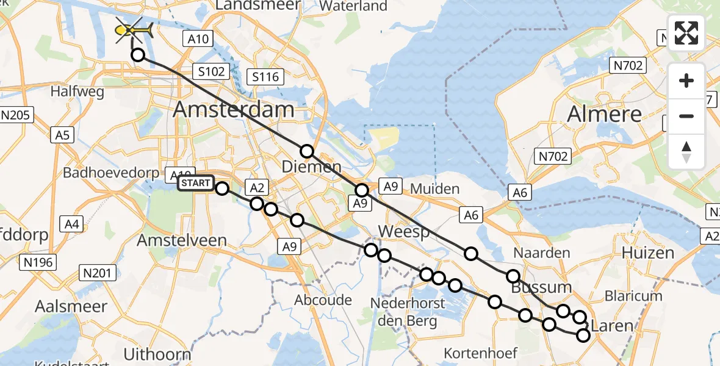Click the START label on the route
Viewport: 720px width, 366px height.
[196, 183]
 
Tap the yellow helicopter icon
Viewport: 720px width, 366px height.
[134, 29]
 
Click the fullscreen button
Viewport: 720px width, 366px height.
[686, 33]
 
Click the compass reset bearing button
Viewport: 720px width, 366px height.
[686, 151]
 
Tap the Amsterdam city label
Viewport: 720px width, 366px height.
[234, 110]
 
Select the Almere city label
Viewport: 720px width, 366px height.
[604, 114]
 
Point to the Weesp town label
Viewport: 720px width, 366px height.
[404, 232]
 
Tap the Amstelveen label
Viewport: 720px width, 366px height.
[182, 240]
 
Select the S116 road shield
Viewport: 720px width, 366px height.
[265, 76]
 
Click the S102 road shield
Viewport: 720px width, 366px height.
[211, 71]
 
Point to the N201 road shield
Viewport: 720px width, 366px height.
[98, 273]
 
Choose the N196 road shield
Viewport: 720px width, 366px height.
[38, 263]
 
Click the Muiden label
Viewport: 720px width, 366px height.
[434, 188]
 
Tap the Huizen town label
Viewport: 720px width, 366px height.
[647, 253]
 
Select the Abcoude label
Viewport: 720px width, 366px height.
[323, 300]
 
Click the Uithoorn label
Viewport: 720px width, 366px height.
[157, 354]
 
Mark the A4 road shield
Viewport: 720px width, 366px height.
[72, 224]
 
